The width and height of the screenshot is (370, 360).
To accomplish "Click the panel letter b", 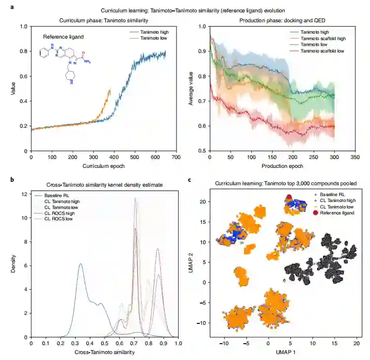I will coord(5,179).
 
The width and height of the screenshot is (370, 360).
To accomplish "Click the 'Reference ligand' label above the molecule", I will coord(62,37).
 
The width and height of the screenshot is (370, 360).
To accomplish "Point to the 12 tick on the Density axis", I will coord(25,194).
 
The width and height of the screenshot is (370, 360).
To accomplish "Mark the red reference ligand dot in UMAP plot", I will coord(288,198).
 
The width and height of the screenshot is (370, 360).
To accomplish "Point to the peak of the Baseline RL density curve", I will coord(80,264).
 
